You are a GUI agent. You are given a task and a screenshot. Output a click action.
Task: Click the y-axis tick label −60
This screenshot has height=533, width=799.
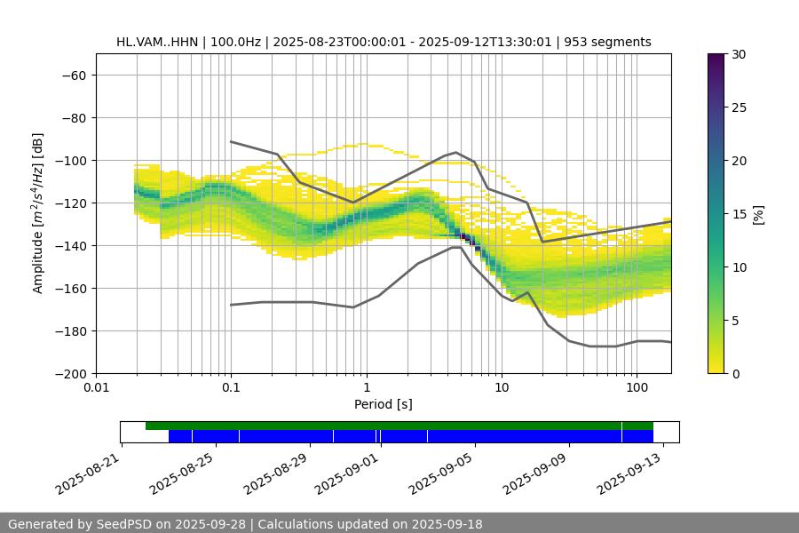[x=73, y=75]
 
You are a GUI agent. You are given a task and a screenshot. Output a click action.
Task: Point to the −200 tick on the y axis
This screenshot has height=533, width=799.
[x=69, y=373]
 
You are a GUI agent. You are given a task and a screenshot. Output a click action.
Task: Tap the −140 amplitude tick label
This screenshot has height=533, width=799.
[x=69, y=245]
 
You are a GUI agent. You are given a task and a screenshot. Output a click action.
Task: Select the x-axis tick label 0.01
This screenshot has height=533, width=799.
[x=96, y=388]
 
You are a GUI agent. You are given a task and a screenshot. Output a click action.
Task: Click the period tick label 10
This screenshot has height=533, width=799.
[x=502, y=388]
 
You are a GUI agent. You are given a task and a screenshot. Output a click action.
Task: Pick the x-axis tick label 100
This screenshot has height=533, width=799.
[x=637, y=388]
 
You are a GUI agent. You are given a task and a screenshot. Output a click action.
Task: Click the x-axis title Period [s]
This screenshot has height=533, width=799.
[x=384, y=404]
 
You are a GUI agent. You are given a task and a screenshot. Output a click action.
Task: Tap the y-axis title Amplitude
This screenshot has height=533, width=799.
[x=38, y=213]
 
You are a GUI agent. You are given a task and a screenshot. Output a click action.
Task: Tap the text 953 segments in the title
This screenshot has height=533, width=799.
[x=612, y=42]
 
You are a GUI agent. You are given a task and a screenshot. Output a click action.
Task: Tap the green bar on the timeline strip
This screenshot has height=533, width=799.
[x=399, y=426]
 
